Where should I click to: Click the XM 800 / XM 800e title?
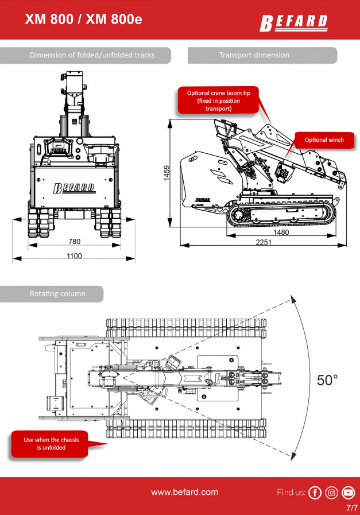(83, 19)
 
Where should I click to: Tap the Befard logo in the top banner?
(294, 23)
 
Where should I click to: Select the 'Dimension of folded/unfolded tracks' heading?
(92, 55)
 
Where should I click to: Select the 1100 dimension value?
(74, 255)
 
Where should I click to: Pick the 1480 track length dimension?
(281, 232)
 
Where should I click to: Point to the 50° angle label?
(328, 380)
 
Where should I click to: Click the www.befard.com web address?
(184, 492)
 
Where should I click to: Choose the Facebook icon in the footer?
(315, 493)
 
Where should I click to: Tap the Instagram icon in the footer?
(331, 493)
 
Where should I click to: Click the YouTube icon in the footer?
(348, 493)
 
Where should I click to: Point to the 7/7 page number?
(351, 508)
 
